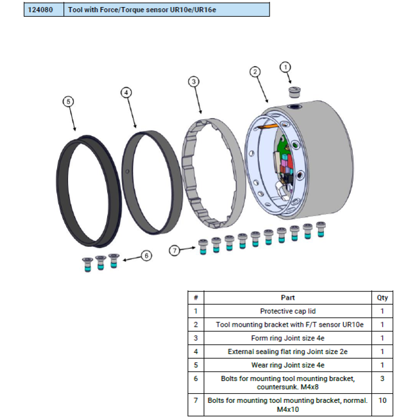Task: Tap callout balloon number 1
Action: pos(286,67)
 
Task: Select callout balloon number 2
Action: pos(255,72)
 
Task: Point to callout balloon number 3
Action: pos(194,81)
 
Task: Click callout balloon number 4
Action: pos(126,92)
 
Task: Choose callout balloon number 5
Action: pos(68,101)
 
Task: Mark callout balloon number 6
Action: pos(147,256)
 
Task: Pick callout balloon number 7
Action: pos(174,250)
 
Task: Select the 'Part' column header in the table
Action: pos(288,298)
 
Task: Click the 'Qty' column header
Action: pos(382,298)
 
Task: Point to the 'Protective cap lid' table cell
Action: pos(288,311)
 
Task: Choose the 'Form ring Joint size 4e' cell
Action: pos(288,338)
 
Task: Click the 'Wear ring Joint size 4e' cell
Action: pos(288,365)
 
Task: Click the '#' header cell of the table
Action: pos(195,298)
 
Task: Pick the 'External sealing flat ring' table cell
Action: pos(288,352)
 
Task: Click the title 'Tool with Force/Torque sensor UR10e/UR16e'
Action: pos(137,10)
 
